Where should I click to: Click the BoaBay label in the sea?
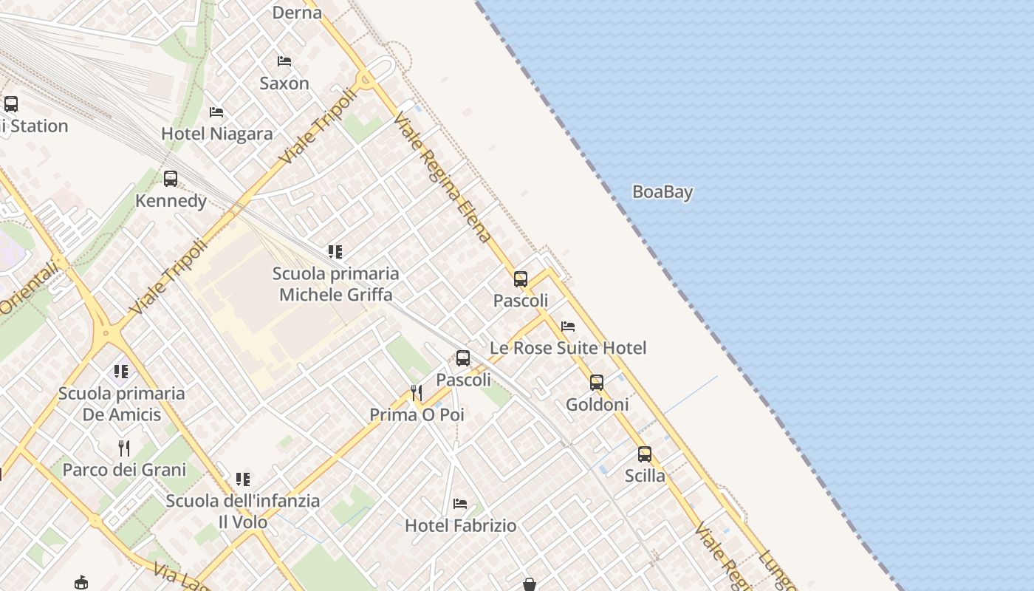(x=662, y=192)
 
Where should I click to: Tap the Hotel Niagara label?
(x=217, y=134)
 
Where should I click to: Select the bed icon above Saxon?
(x=284, y=61)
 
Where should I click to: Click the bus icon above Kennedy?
(x=171, y=179)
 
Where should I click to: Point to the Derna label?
(x=297, y=13)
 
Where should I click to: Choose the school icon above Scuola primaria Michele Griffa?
(x=335, y=252)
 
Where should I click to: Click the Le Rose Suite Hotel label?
(x=568, y=348)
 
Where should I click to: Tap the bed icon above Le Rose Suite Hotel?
(x=568, y=326)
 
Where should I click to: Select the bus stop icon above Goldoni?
(x=597, y=383)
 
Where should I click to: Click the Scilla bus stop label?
(x=645, y=476)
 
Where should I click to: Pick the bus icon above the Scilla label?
(x=645, y=454)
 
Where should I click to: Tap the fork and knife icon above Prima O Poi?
(x=417, y=392)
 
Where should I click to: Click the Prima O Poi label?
(x=417, y=415)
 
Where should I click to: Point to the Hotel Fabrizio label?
(x=461, y=526)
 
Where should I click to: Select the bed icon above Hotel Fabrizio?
(x=460, y=505)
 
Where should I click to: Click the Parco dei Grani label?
(x=124, y=470)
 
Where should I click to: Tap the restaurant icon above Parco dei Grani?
(x=124, y=448)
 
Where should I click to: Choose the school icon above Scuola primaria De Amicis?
(x=121, y=372)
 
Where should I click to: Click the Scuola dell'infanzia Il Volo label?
(x=243, y=511)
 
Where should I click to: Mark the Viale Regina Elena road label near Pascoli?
(x=442, y=178)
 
